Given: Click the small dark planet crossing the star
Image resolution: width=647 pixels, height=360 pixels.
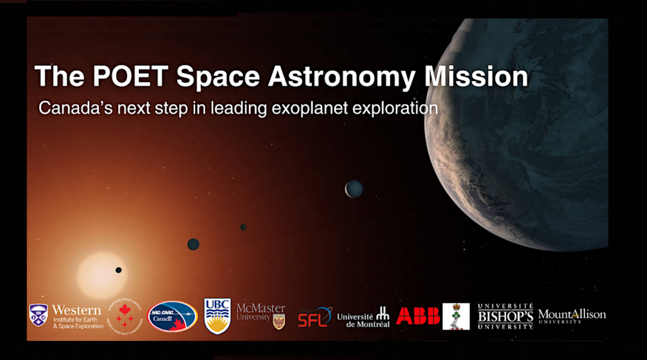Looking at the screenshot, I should [x=118, y=270].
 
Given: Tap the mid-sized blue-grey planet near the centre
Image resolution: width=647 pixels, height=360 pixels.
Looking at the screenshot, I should [x=354, y=188].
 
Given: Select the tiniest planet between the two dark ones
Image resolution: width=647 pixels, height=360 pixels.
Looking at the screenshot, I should [x=243, y=227].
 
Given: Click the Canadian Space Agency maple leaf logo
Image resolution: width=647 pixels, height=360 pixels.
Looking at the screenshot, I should [x=124, y=315].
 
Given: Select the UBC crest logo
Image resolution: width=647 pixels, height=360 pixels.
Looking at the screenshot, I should [x=217, y=315].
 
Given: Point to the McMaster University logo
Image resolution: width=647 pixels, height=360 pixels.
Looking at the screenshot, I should [x=261, y=315].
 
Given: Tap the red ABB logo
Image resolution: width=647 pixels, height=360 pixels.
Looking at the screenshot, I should [x=418, y=316].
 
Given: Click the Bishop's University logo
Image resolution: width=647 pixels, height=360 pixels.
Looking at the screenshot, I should [x=505, y=316].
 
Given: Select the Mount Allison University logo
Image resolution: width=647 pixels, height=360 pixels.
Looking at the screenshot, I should [x=572, y=316].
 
